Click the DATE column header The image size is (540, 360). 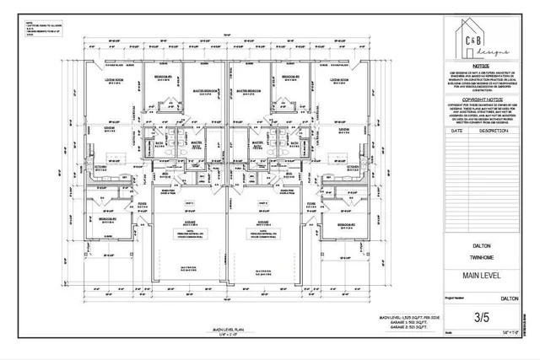point(457,132)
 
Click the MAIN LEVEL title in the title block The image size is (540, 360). point(482,275)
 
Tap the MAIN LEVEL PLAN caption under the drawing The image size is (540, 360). point(228,331)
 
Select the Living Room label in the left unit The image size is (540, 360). point(114,80)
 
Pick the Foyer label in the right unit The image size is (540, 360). point(311,203)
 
